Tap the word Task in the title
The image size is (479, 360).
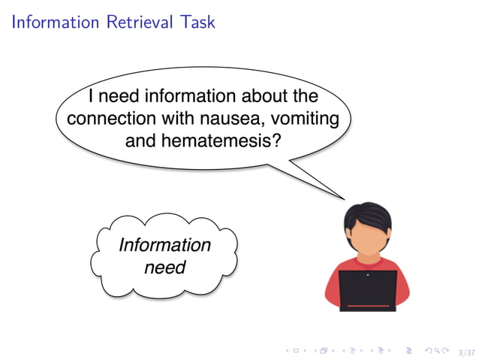coord(197,22)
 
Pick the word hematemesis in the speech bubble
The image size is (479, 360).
coord(218,140)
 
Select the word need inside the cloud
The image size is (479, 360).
coord(164,266)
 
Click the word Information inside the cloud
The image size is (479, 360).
coord(164,245)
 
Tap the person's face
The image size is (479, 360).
coord(367,238)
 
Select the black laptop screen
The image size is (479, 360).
coord(367,289)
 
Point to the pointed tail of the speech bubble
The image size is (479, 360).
coord(342,197)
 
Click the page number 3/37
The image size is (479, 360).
coord(466,352)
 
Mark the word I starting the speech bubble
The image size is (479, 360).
coord(91,97)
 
